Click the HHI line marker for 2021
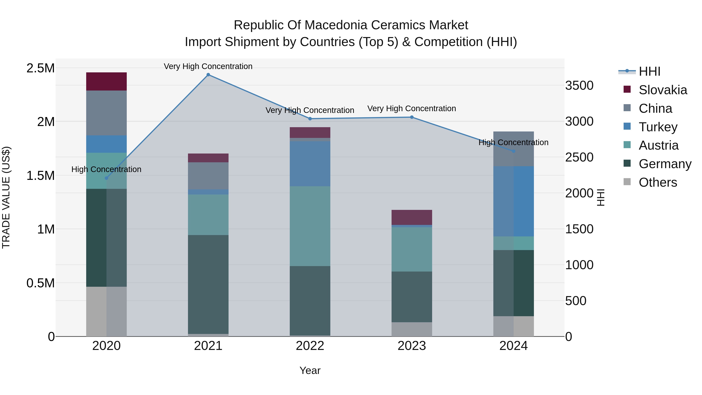(208, 75)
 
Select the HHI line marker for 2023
(412, 117)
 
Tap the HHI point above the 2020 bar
(106, 178)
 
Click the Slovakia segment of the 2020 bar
(106, 82)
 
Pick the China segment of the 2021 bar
(208, 176)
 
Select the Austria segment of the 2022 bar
(310, 226)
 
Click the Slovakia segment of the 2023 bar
(412, 217)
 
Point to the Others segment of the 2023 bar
(412, 329)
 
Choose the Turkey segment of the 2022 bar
(310, 164)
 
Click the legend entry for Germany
(665, 164)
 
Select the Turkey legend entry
(658, 127)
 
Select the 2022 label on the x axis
(310, 346)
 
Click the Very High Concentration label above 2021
(208, 66)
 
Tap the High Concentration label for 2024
(513, 142)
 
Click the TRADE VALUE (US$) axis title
(6, 197)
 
